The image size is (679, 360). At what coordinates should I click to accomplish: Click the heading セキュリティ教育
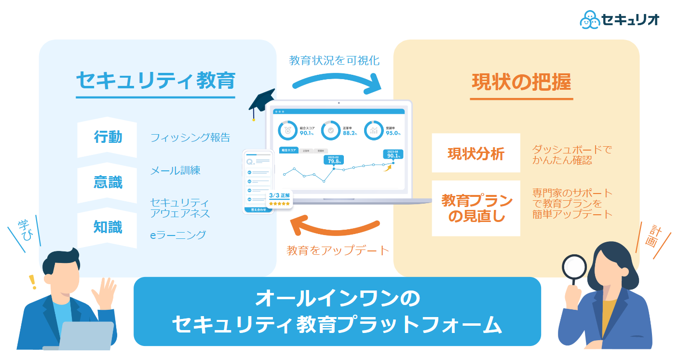point(155,81)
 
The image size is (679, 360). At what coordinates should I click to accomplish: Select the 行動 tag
point(108,138)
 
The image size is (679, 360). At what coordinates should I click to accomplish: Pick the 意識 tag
point(108,182)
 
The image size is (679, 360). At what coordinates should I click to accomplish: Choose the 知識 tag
point(108,227)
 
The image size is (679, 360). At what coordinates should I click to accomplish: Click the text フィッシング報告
point(190,138)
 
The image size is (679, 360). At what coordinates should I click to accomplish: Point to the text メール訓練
point(175,170)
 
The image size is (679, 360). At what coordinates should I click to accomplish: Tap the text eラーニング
point(178,235)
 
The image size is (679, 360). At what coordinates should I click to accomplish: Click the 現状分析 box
point(475,153)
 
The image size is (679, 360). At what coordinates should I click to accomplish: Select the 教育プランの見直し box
point(475,208)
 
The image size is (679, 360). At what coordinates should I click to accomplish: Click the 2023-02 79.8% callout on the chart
point(334,160)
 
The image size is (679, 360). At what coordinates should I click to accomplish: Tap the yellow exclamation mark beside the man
point(33,281)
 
